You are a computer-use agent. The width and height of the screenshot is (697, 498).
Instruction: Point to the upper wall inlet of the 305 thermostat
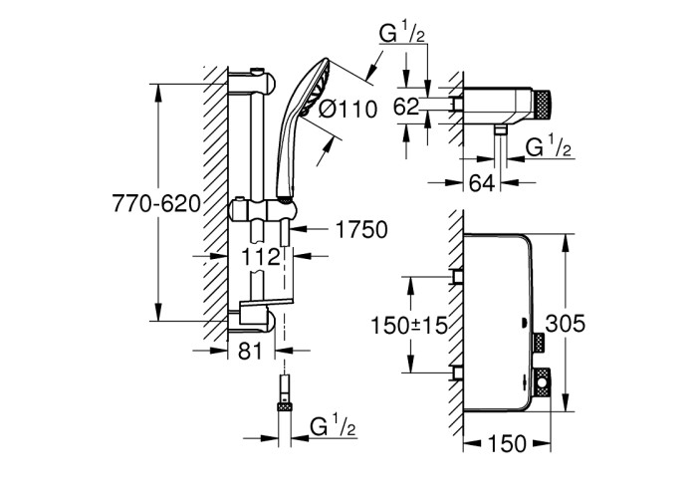pyautogui.click(x=456, y=276)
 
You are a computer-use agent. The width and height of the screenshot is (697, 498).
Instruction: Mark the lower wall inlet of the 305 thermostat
pyautogui.click(x=456, y=373)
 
